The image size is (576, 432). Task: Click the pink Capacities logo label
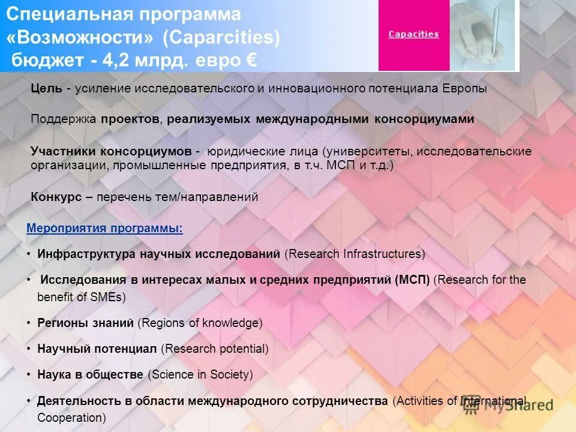point(413,34)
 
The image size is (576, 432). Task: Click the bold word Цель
point(46,89)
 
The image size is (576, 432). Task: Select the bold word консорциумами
point(424,119)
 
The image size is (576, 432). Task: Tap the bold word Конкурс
point(56,197)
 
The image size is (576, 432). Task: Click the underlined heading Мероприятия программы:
point(105,229)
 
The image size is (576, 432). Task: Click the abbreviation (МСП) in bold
point(412,280)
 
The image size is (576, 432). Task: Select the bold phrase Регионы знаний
point(85,323)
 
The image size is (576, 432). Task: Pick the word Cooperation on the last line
point(71,417)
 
